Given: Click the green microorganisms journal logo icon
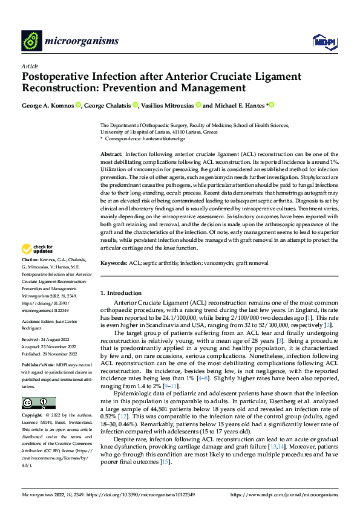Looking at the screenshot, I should (x=31, y=41).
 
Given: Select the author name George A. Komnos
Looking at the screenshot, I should (x=48, y=105).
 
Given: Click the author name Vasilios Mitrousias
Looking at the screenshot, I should (x=169, y=105).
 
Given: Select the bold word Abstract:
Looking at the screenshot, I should (x=111, y=155).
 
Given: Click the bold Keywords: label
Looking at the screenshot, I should (x=114, y=264).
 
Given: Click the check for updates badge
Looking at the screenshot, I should (x=38, y=249).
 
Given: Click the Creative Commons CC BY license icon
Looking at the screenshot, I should (x=39, y=403).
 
